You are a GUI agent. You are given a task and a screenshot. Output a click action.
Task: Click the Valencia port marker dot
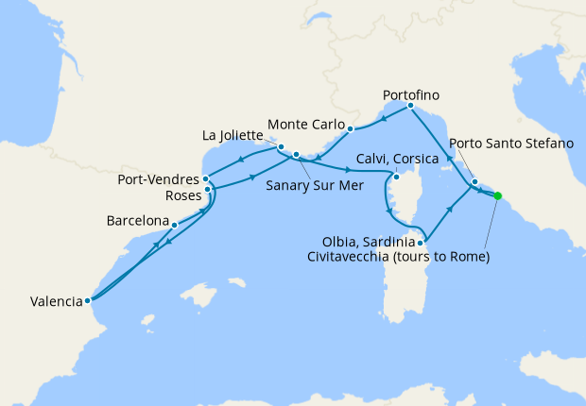[87, 301]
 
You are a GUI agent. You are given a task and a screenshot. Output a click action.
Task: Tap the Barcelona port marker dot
[175, 225]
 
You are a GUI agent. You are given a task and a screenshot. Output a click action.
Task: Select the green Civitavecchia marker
[498, 196]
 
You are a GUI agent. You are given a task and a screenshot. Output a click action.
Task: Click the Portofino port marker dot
[409, 107]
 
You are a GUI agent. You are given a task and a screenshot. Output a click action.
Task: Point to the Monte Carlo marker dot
[349, 128]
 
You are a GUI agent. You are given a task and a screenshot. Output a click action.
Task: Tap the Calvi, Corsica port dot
[397, 177]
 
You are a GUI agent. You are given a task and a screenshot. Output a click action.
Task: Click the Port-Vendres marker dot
[205, 178]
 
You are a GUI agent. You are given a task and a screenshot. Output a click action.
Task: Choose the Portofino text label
[412, 95]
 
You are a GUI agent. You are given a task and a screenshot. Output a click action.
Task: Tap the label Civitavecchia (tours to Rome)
[397, 256]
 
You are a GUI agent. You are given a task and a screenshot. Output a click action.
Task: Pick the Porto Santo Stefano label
[511, 144]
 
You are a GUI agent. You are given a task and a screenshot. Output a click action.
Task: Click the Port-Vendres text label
[157, 178]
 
